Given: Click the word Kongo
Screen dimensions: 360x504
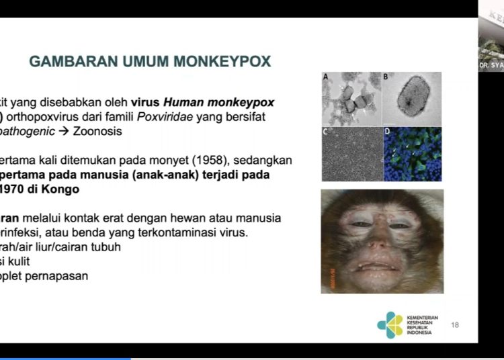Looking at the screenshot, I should pyautogui.click(x=61, y=189).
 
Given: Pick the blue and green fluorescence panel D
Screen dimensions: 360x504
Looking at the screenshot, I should pyautogui.click(x=412, y=154).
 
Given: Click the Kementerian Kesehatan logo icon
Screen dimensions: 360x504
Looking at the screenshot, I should pyautogui.click(x=390, y=325).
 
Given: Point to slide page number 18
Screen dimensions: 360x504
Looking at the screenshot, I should pyautogui.click(x=455, y=325).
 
